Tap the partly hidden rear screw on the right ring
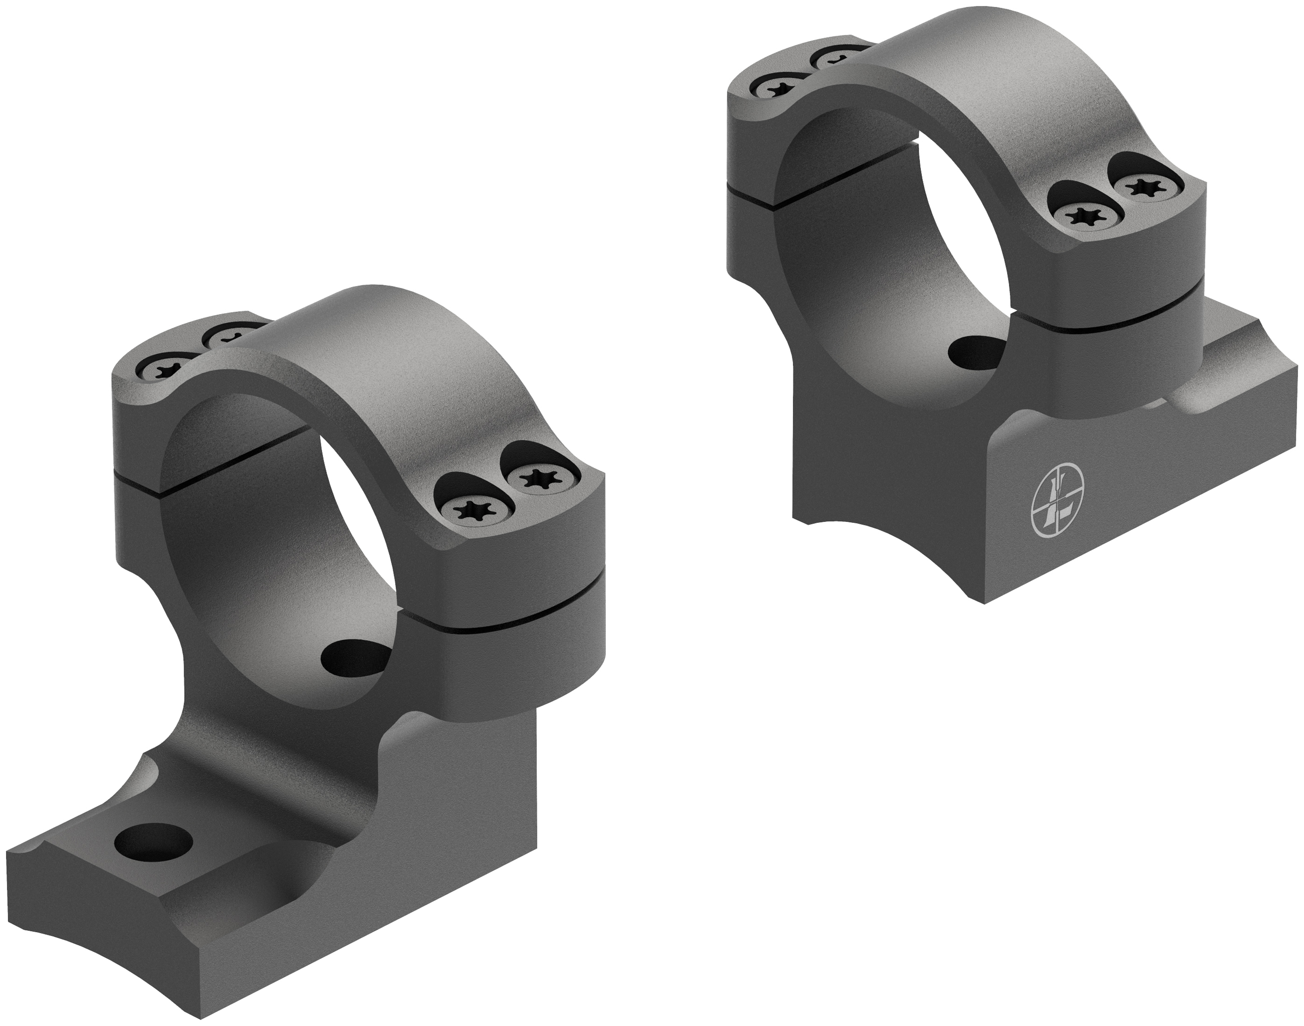click(832, 58)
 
